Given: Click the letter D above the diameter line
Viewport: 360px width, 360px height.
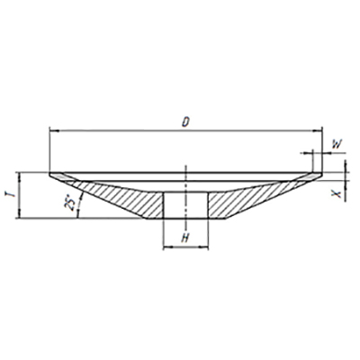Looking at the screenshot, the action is (x=186, y=121).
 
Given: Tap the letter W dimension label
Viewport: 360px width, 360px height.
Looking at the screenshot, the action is (x=337, y=145).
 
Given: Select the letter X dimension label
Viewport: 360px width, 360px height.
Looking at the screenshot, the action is (x=337, y=193).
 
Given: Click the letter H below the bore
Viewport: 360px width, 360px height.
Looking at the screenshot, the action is (x=185, y=238).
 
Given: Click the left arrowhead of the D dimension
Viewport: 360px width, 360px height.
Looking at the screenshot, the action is (x=53, y=130).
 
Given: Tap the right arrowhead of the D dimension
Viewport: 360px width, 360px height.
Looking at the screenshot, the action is (x=318, y=130).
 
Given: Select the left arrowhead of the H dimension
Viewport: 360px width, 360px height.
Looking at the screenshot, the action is (x=166, y=247).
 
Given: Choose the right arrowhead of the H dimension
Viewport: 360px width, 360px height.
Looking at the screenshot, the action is (x=204, y=247).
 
